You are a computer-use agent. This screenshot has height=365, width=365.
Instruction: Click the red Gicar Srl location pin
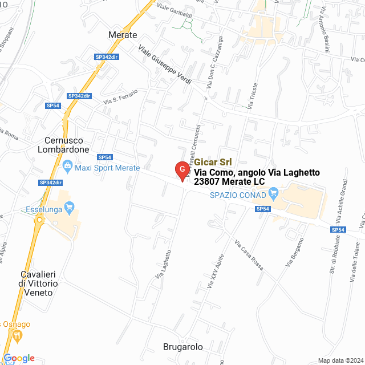point(181,170)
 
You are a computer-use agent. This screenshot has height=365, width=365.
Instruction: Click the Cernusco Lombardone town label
point(67,145)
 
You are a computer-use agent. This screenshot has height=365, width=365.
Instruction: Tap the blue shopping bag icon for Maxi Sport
point(68,167)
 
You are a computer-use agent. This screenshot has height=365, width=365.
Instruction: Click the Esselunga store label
point(44,209)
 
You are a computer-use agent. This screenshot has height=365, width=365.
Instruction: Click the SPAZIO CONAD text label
point(238,195)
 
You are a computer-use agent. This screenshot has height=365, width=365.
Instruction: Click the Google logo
point(19,358)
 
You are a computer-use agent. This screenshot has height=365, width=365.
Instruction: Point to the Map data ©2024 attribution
point(340,360)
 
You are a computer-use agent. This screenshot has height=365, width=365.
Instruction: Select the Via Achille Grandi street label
point(344,202)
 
